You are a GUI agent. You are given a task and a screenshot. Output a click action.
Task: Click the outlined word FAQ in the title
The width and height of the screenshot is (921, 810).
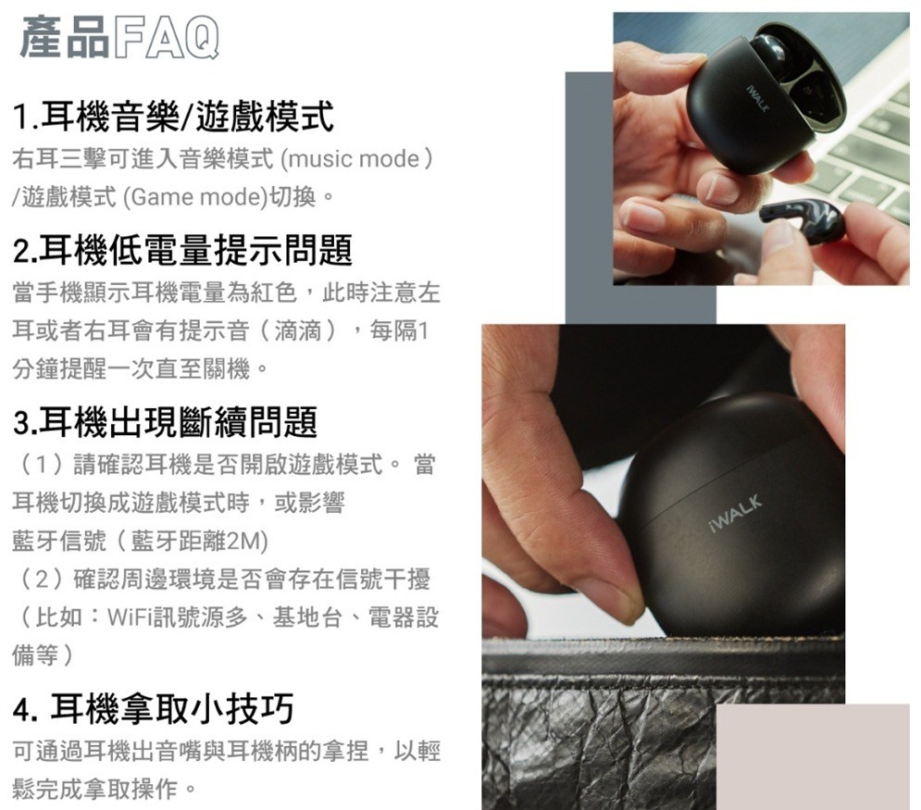point(166,38)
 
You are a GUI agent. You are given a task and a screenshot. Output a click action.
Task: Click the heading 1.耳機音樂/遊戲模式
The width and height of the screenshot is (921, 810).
point(173,117)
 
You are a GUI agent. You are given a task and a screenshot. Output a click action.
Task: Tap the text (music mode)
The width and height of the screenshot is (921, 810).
point(357,158)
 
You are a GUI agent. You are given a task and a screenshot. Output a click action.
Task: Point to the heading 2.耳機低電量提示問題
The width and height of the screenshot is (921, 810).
point(182,250)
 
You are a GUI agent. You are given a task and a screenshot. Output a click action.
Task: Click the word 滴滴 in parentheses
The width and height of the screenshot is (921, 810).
point(298,330)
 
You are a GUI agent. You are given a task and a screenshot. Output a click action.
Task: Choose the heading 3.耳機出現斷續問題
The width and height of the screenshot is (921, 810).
point(165,421)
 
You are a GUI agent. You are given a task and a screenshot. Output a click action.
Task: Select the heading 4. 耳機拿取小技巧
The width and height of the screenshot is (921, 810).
point(154,709)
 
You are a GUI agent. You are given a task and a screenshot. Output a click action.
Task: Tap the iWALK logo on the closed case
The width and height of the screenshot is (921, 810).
point(736,514)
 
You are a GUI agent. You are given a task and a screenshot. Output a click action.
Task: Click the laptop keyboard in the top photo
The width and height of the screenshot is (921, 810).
point(863,152)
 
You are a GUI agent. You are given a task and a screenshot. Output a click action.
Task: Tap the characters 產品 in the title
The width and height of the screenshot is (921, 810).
point(64,38)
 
